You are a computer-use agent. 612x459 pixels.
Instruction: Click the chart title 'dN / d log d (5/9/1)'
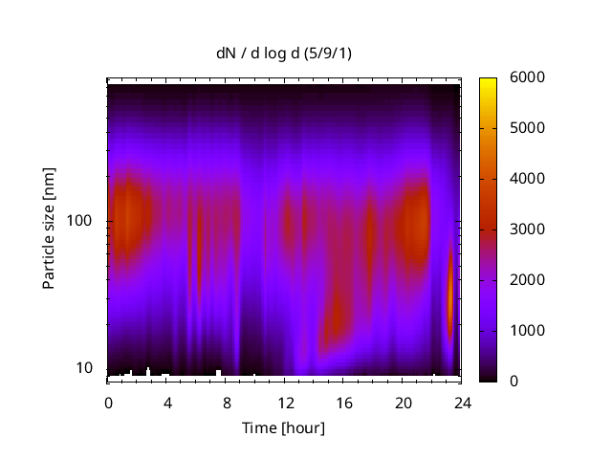[x=283, y=54]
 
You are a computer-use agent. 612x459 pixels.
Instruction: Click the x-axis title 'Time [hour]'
[x=283, y=427]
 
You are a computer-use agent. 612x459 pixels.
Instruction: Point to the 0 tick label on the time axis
[x=108, y=402]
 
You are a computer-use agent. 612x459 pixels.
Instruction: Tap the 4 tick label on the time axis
[x=167, y=402]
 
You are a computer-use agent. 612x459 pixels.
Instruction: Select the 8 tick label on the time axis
[x=226, y=402]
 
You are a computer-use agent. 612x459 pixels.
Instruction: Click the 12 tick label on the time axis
[x=285, y=402]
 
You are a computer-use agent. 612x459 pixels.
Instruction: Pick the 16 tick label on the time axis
[x=343, y=402]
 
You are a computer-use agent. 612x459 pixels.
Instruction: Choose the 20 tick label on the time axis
[x=403, y=402]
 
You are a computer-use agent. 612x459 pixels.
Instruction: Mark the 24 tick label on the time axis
[x=462, y=402]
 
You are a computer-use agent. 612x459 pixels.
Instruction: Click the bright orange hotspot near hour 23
[x=450, y=296]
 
